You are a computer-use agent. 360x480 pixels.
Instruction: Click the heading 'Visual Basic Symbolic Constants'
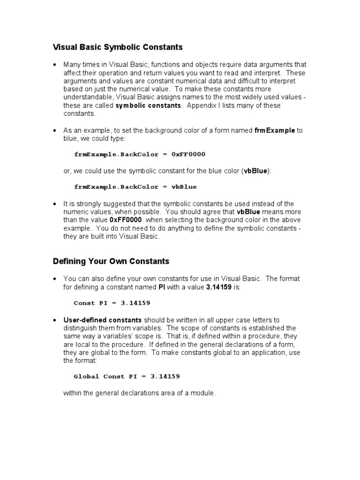tap(117, 47)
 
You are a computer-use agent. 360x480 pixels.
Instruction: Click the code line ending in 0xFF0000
tap(140, 154)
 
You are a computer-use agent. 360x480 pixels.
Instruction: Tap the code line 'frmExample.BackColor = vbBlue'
tap(135, 187)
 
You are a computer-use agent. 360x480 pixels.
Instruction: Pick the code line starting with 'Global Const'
tap(127, 376)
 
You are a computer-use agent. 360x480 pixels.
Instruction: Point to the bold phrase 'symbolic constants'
tap(148, 105)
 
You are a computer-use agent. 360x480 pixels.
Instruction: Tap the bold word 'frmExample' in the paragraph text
tap(275, 130)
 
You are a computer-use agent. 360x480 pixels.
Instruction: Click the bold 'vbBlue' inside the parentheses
tap(255, 171)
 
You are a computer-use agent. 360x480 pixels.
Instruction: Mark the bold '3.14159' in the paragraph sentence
tap(219, 287)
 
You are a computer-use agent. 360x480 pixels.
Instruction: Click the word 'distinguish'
tap(81, 328)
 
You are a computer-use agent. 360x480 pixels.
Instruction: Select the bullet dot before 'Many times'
tap(55, 65)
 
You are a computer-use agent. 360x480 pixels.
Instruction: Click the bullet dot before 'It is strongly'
tap(55, 204)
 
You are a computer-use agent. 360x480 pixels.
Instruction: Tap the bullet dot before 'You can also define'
tap(55, 278)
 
